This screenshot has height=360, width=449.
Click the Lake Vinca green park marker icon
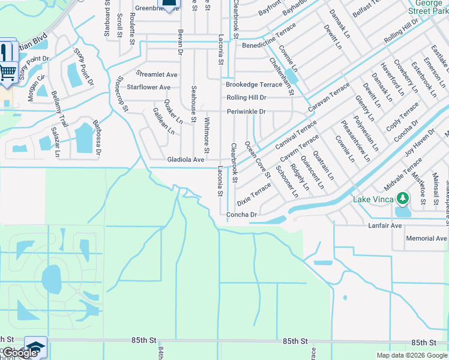click(x=403, y=199)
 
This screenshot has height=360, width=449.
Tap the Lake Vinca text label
click(x=373, y=199)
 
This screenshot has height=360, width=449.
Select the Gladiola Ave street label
click(x=186, y=160)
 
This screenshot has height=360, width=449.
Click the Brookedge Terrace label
click(x=253, y=85)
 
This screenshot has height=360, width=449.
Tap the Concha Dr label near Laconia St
click(x=241, y=215)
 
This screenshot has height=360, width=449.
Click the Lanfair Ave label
click(x=385, y=226)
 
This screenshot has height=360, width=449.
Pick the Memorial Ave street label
click(x=426, y=238)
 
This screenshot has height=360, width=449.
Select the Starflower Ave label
click(x=148, y=87)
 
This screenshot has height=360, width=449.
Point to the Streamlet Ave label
click(x=157, y=74)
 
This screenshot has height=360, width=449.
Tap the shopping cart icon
click(x=8, y=71)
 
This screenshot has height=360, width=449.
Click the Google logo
click(x=20, y=353)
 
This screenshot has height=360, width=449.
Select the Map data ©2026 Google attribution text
click(x=411, y=355)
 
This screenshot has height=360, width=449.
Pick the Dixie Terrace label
click(x=254, y=194)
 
